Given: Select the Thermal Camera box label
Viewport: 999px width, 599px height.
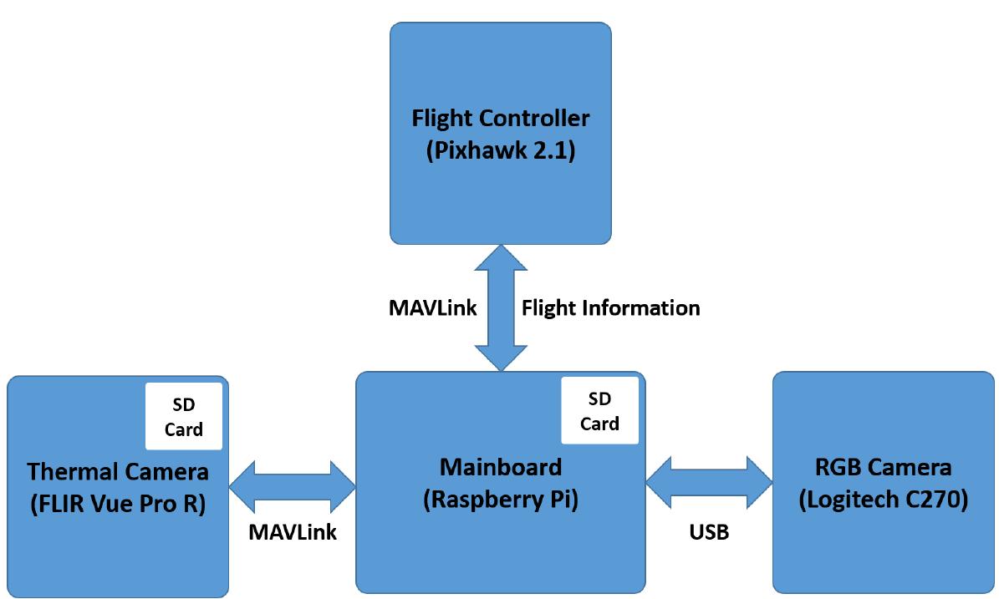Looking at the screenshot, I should [118, 472].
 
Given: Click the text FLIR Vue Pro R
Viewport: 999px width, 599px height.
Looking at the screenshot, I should [117, 505].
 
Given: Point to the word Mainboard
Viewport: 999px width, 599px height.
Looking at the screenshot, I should [500, 466].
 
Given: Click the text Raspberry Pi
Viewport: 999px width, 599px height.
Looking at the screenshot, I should [500, 499].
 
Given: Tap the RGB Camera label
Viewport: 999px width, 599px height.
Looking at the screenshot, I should [884, 467].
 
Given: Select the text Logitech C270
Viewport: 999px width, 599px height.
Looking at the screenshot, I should [884, 500].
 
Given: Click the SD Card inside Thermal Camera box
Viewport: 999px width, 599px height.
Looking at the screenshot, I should [184, 417].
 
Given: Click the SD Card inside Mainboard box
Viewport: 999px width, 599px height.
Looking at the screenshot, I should [599, 411].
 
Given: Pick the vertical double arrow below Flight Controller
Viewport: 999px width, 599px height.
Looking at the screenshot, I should [500, 308].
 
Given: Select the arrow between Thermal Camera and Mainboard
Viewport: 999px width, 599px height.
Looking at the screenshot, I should [293, 485].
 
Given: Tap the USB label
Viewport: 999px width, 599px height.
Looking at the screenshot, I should [710, 532].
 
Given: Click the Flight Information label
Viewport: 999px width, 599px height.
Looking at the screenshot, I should [610, 308].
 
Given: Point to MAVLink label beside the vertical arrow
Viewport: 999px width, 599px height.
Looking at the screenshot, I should [432, 308].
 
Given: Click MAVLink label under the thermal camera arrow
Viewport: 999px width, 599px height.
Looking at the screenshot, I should [293, 533].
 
